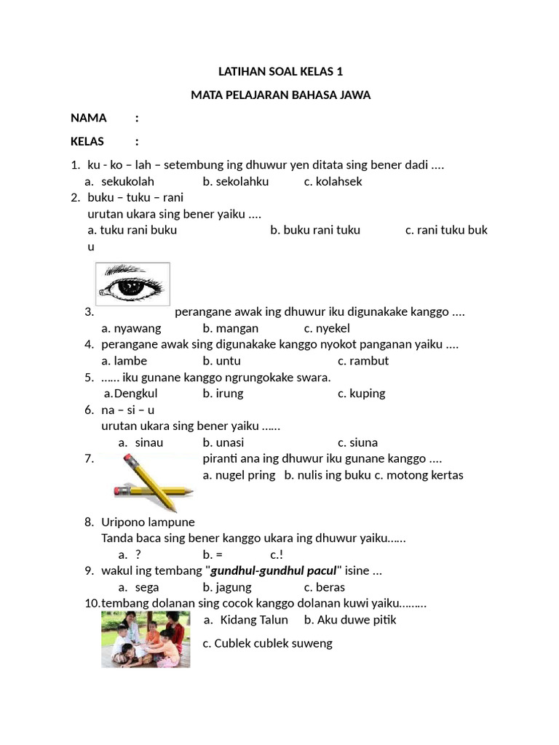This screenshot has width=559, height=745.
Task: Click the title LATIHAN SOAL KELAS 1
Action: click(x=280, y=71)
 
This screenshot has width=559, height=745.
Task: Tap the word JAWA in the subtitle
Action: click(x=354, y=95)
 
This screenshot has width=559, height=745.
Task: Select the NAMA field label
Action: click(x=88, y=118)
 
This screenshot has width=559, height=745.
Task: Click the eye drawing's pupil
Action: click(x=132, y=287)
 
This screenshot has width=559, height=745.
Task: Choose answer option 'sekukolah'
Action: click(x=127, y=182)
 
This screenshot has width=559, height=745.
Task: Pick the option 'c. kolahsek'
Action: click(x=333, y=182)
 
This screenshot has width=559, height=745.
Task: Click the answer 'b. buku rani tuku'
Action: click(x=315, y=230)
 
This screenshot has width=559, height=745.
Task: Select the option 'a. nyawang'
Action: click(x=131, y=328)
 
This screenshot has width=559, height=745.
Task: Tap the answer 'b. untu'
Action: click(x=222, y=361)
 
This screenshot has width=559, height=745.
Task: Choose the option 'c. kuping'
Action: click(x=361, y=394)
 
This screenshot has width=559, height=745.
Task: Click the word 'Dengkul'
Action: click(x=131, y=394)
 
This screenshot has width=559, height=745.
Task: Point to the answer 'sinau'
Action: click(x=149, y=442)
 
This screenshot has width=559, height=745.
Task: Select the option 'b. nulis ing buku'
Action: click(x=328, y=475)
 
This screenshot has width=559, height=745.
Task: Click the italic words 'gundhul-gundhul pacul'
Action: click(x=273, y=571)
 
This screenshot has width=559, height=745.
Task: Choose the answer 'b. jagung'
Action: click(x=227, y=587)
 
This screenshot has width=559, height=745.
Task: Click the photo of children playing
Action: click(x=146, y=639)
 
